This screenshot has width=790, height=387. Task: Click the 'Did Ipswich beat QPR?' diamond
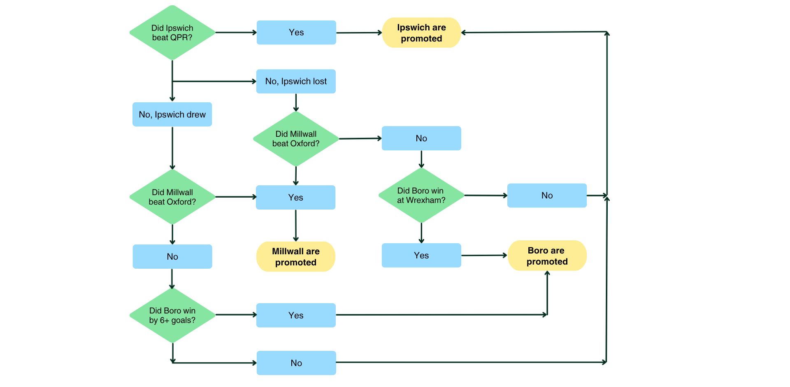point(172,32)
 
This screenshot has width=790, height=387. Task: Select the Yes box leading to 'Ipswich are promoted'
point(296,32)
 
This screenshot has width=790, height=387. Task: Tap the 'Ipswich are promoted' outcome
point(421,32)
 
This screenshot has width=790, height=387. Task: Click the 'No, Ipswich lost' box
point(296,81)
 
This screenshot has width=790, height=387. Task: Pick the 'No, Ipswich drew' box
point(172,114)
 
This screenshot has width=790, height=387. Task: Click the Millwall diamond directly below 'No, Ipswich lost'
point(296,139)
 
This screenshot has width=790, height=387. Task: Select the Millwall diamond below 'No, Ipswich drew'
point(172,197)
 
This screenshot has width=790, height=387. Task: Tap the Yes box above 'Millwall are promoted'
point(295,197)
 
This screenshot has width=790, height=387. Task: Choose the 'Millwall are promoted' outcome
point(296,256)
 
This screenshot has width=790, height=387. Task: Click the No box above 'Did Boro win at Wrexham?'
point(421,138)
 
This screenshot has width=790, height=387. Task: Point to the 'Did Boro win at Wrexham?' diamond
point(421,196)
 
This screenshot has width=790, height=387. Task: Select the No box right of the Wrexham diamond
point(547,196)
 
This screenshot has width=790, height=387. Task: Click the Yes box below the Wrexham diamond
point(421,255)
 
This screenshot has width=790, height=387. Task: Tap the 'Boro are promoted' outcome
point(547,256)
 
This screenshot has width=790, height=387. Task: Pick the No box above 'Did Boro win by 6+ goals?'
point(172,256)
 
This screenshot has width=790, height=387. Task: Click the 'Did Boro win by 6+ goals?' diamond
point(172,315)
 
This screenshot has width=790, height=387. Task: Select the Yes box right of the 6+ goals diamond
point(296,315)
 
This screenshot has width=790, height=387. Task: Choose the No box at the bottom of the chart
point(296,363)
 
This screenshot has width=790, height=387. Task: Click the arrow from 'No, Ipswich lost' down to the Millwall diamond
point(296,102)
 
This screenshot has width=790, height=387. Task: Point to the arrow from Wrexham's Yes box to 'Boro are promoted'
point(484,255)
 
